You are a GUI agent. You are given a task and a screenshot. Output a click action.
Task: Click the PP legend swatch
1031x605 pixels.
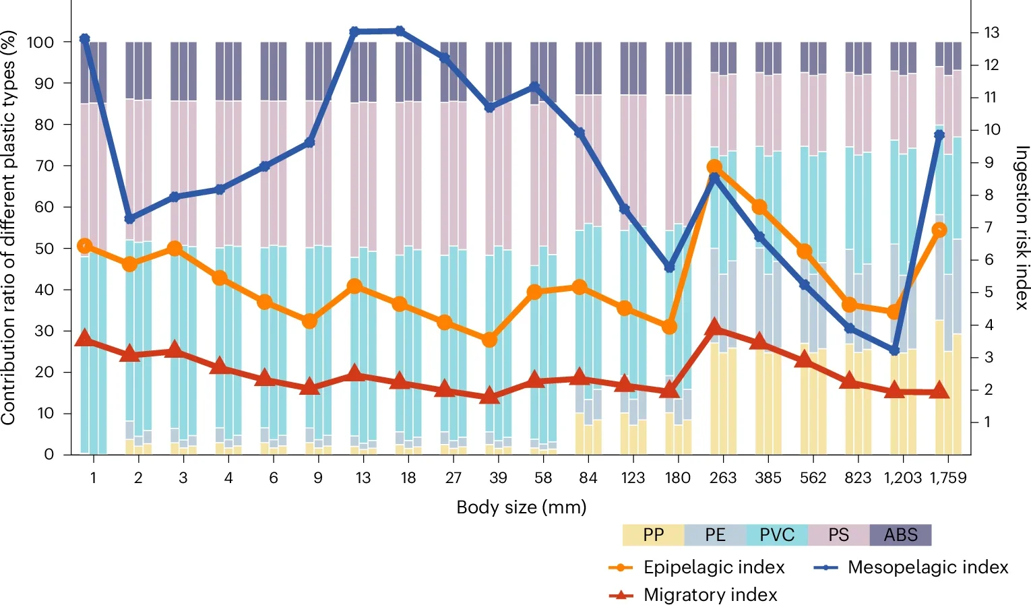point(653,535)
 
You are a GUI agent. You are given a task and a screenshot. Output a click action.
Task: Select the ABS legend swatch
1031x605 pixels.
point(900,535)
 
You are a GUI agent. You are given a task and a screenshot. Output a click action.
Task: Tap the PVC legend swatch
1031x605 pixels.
point(777,535)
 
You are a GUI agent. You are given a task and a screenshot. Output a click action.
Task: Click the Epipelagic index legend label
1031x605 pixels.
point(714,567)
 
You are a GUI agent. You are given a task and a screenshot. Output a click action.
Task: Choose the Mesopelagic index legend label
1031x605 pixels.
point(927,567)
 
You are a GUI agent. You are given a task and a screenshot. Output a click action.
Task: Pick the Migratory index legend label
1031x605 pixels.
point(710,595)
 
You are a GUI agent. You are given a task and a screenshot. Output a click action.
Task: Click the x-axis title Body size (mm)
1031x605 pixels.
point(521,507)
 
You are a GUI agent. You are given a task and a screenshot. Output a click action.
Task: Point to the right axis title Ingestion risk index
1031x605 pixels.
point(1022,228)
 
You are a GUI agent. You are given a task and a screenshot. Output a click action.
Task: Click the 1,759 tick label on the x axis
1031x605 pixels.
point(948,478)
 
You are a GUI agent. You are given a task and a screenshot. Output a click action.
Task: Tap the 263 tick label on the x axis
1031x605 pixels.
point(723,478)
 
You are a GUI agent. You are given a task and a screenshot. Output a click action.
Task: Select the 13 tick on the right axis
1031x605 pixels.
point(991,32)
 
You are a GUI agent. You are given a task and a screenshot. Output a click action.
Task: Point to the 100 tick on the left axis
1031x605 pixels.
point(40,42)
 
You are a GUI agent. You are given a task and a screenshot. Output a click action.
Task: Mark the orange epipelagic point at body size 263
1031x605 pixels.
point(715,167)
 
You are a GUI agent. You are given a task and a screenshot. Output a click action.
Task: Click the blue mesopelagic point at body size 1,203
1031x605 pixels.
point(895,350)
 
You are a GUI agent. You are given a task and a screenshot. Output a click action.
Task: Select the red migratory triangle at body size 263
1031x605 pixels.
point(715,328)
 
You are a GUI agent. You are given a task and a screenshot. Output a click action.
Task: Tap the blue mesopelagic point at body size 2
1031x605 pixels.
point(130,219)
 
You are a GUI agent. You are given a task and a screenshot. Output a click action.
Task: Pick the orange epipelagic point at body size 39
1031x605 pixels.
point(490,340)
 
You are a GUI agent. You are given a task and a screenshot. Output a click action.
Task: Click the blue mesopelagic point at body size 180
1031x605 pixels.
point(670,267)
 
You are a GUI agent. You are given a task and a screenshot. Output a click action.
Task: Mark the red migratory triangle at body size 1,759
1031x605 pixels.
point(939,391)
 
